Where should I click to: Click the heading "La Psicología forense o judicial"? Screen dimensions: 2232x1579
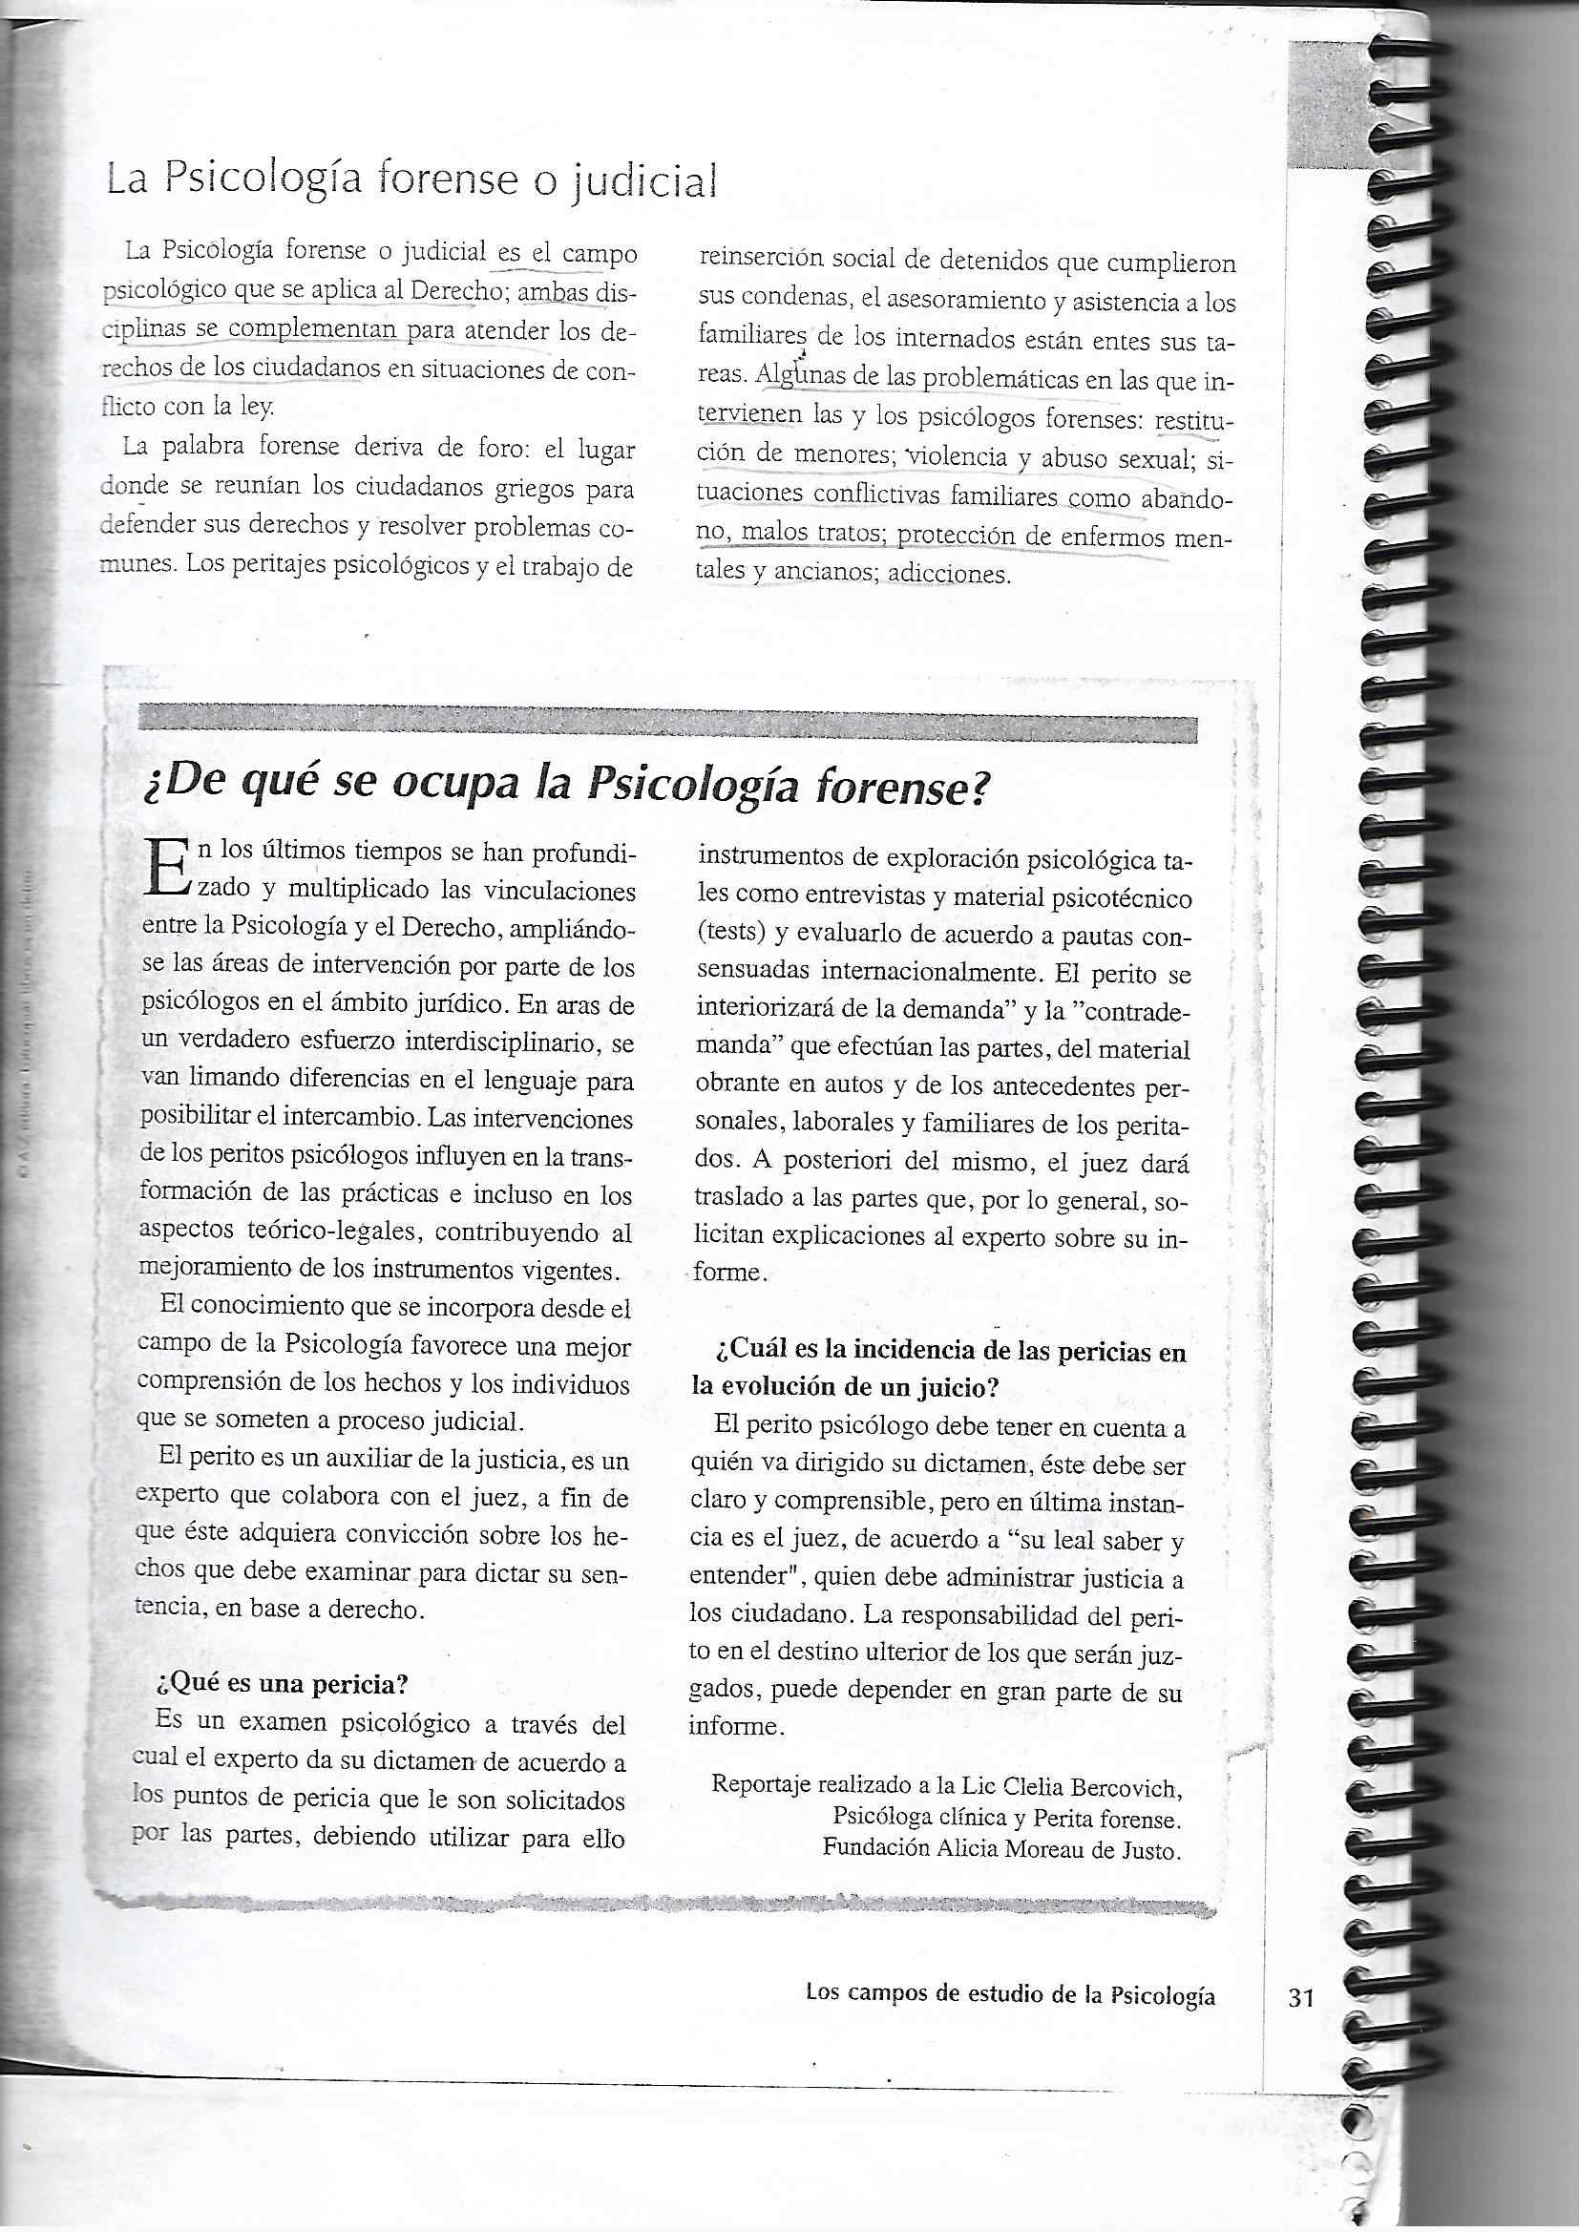[x=412, y=180]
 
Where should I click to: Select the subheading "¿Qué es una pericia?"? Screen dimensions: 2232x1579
[x=280, y=1683]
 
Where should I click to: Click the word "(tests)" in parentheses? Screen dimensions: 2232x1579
[x=732, y=934]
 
